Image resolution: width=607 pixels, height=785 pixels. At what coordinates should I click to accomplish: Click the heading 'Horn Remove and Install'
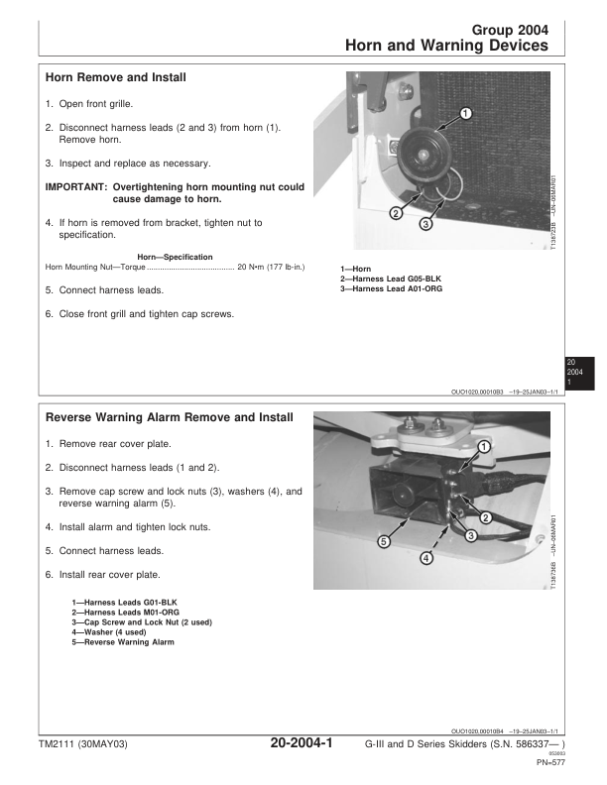(x=116, y=77)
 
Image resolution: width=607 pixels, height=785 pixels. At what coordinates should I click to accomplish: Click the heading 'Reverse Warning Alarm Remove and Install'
(x=170, y=417)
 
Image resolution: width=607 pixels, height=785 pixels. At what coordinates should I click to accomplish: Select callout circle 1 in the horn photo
(x=466, y=115)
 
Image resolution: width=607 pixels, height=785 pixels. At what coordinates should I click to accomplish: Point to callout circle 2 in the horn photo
(x=395, y=213)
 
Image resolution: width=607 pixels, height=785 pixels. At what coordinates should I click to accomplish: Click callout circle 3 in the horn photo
(x=425, y=225)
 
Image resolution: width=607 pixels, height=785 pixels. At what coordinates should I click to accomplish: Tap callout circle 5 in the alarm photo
(x=383, y=541)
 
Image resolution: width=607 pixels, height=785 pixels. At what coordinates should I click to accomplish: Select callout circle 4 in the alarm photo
(x=426, y=559)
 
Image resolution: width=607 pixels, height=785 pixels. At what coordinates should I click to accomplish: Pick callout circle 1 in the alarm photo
(x=483, y=447)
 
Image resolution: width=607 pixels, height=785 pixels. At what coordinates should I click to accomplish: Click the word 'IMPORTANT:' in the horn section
(x=76, y=186)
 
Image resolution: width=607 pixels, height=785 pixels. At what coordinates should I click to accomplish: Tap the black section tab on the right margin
(x=576, y=372)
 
